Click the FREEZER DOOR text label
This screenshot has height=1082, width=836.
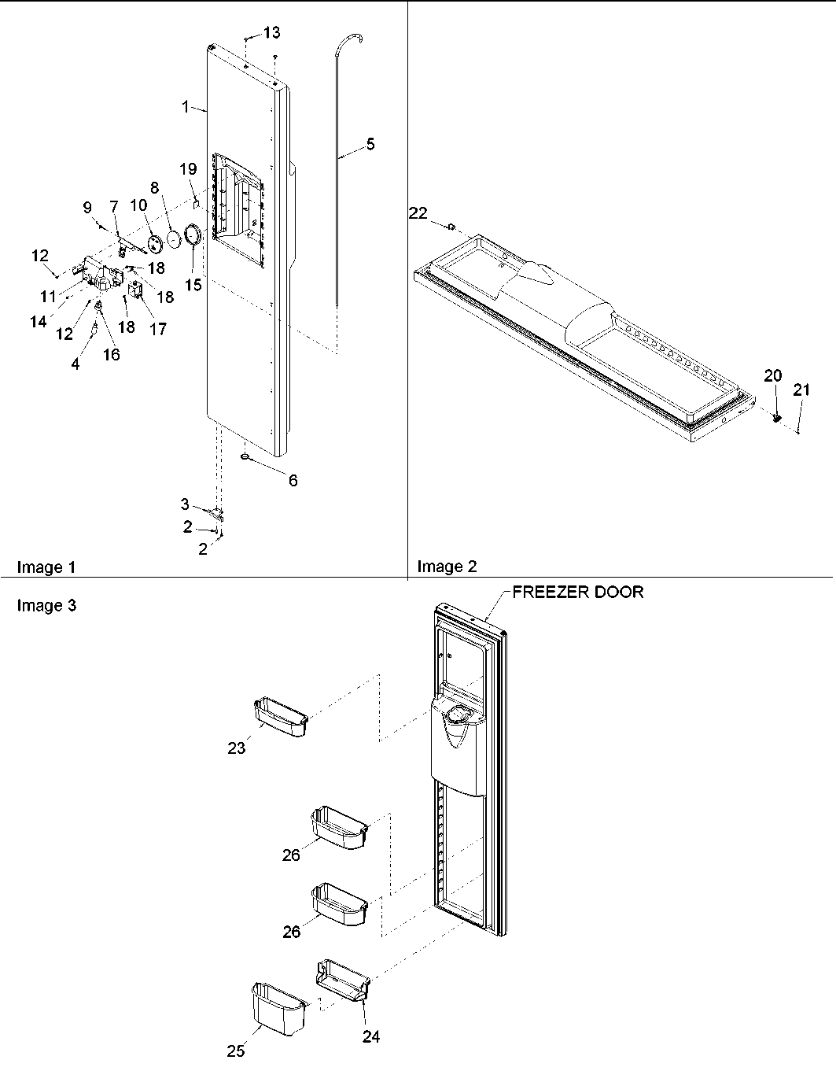point(578,593)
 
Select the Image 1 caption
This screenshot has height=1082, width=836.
point(47,567)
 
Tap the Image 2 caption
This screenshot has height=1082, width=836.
point(447,567)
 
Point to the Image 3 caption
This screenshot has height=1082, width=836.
point(47,606)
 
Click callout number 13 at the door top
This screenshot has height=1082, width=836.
point(271,32)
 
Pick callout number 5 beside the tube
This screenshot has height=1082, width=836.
point(370,144)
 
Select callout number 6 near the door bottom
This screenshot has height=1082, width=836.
point(293,480)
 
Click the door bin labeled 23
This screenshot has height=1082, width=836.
point(280,717)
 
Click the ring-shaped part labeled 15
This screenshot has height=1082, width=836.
point(193,235)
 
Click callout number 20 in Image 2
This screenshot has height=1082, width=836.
point(773,375)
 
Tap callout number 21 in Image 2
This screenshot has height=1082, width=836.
point(801,389)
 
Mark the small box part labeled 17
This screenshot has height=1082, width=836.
point(136,292)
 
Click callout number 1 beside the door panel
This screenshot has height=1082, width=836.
point(186,106)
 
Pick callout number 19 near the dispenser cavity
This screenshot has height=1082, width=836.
point(188,168)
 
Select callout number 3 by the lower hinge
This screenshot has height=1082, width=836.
point(185,504)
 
